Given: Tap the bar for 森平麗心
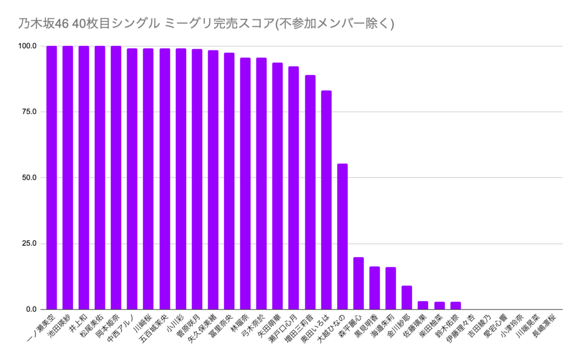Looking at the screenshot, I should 359,283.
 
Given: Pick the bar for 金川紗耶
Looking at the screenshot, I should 407,298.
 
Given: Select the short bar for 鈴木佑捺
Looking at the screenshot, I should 456,305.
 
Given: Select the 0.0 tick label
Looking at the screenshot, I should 31,309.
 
